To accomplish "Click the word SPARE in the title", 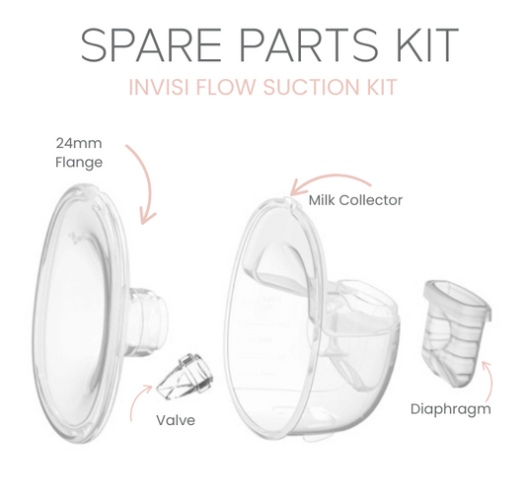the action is point(151,45).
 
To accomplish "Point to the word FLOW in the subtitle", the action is point(226,87).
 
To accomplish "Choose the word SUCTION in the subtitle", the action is point(311,87).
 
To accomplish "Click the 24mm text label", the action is point(79,143).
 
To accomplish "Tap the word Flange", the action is point(79,163).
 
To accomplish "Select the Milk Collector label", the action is point(355,200).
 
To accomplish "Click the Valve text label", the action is point(176,420).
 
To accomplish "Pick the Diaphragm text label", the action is point(451,409).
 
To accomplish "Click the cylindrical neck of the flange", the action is point(147,319).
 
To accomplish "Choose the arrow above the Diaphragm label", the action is point(490,381).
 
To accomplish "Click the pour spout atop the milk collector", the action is point(288,200).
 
